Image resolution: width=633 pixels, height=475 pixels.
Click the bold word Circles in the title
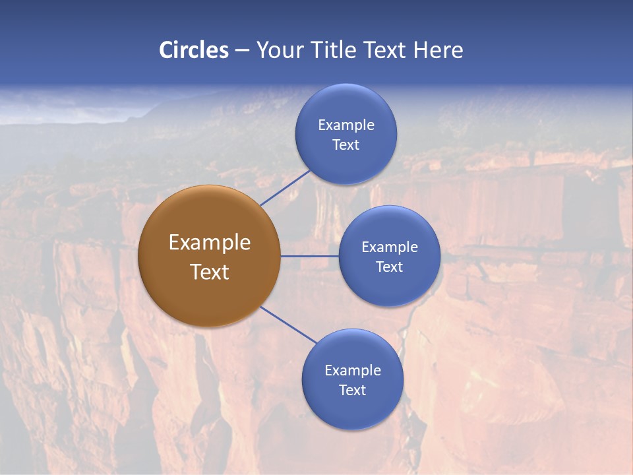[x=194, y=50]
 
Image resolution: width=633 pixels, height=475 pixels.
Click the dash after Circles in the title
[x=242, y=51]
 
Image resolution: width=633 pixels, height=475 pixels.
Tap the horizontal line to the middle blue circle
[x=309, y=256]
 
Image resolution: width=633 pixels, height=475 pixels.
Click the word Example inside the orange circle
[x=210, y=243]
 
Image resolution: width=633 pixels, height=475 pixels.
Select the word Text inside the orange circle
[x=210, y=272]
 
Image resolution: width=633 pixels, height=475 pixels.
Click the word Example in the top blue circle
[x=346, y=125]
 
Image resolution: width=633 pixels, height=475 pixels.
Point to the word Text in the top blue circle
[x=346, y=145]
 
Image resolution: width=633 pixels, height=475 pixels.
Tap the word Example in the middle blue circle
[x=389, y=247]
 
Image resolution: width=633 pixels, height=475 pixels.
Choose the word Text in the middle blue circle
[x=389, y=267]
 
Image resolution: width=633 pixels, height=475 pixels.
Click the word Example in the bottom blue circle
[x=352, y=371]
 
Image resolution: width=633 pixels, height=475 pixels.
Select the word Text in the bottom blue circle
[x=352, y=391]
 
